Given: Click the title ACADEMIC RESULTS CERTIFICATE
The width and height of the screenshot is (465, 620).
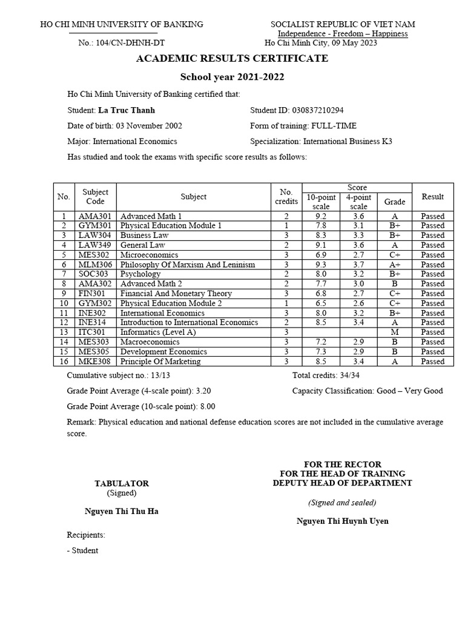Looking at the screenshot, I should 232,59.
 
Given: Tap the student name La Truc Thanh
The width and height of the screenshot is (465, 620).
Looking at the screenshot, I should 127,110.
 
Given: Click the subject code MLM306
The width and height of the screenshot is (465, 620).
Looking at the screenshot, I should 92,265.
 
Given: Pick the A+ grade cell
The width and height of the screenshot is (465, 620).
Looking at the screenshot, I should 395,265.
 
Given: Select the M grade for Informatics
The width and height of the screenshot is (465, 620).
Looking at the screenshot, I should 395,332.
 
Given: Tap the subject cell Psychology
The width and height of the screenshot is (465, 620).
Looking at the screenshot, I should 140,274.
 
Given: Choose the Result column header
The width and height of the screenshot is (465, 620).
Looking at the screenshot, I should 432,197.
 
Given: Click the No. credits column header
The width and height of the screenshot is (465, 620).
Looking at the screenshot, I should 286,197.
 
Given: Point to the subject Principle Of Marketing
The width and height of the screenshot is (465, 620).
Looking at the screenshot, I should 160,361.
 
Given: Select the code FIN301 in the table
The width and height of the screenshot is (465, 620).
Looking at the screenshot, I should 91,294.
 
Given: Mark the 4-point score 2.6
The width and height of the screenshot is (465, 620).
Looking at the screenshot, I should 358,303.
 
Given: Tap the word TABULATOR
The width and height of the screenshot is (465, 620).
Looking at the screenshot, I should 122,484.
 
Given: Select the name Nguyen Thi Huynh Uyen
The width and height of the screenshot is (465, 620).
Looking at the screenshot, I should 343,521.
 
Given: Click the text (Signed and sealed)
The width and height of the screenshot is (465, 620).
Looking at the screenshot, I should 342,503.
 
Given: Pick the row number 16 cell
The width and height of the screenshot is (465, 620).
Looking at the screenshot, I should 63,361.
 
